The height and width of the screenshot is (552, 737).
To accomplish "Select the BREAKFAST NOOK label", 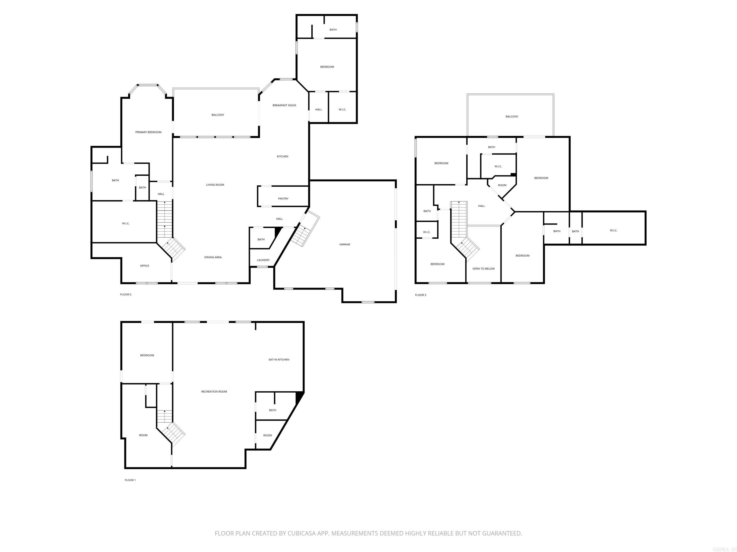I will coord(284,105).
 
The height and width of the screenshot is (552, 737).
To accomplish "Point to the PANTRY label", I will coord(283,199).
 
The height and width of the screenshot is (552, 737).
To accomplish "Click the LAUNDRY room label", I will coord(263,260).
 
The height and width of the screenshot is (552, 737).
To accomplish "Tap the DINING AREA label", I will coord(213,258).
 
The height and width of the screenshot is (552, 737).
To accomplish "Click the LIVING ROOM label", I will coord(215,185).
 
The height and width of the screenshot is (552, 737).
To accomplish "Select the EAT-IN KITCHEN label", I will coord(279,360).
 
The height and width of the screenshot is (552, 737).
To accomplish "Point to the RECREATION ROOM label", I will coord(214,392).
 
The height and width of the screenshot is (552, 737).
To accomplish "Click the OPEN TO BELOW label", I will coord(483,269).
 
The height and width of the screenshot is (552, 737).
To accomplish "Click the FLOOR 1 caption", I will coord(130,480).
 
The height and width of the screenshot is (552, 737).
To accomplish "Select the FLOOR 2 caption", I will coord(126,294).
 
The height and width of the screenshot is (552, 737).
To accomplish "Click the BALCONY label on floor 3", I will coord(512,117).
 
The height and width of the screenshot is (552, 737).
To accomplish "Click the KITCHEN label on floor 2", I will coord(283,157).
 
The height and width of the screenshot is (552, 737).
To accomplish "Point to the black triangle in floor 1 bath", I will coord(299,397).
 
